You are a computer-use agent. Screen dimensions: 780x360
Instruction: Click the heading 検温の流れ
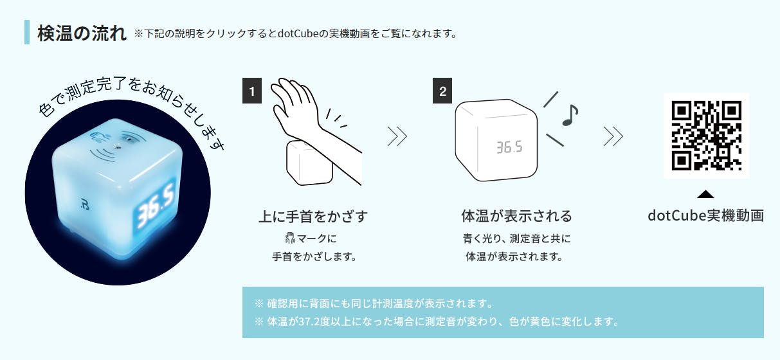point(82,33)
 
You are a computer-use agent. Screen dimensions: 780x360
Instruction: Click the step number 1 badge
point(252,91)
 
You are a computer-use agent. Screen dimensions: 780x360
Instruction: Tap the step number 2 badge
point(442,91)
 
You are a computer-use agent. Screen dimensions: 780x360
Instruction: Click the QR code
point(707,136)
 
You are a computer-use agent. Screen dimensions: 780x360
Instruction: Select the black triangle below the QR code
point(706,194)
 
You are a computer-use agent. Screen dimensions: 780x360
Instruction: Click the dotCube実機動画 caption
point(706,215)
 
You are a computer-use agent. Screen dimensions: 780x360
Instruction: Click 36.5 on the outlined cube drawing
point(509,147)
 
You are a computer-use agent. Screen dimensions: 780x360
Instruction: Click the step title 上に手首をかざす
point(313,216)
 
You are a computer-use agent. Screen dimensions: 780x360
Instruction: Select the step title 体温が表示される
point(517,216)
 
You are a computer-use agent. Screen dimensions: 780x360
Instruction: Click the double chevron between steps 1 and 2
point(397,136)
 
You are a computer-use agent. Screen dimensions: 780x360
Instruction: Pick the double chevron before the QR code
point(613,136)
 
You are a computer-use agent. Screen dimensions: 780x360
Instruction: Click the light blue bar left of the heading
point(27,32)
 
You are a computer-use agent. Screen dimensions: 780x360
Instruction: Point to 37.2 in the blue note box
point(309,321)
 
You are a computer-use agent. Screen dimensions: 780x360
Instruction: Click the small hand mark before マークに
point(290,238)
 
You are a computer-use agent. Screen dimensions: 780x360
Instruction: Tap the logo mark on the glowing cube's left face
point(85,205)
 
